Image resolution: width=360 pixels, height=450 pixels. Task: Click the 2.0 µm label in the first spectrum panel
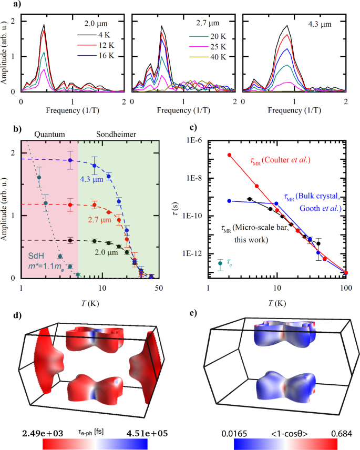click(x=97, y=24)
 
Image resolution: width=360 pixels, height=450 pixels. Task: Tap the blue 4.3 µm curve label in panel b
click(x=95, y=179)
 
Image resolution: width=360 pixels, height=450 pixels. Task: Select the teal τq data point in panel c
click(x=220, y=263)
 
